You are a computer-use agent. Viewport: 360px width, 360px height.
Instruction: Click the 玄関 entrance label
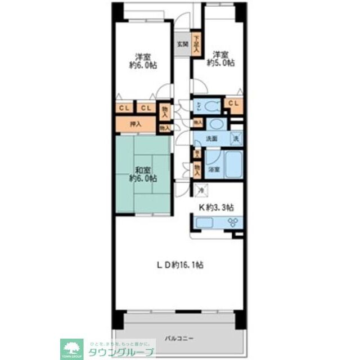tap(182, 44)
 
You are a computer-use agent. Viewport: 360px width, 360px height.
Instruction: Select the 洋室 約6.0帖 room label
tap(143, 60)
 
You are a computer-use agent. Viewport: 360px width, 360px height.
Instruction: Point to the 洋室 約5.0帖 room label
tap(220, 59)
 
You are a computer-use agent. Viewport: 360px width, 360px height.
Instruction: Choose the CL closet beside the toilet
tap(233, 103)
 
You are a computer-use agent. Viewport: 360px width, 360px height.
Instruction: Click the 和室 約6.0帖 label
tap(142, 174)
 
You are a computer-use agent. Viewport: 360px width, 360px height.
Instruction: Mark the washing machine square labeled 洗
tap(236, 138)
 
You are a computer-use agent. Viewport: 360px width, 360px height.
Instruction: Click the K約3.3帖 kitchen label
tap(216, 207)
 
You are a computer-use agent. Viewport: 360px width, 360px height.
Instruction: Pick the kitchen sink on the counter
tap(203, 223)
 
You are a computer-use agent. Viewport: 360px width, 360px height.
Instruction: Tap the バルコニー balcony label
tap(179, 338)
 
